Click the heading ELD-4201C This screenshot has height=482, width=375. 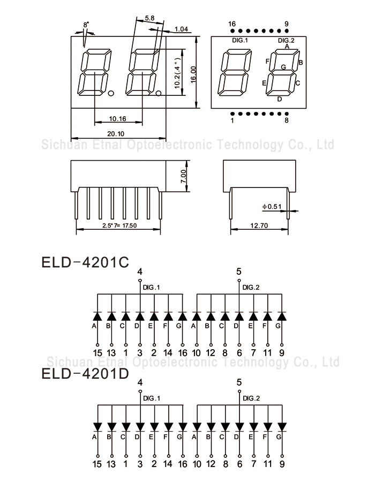pyautogui.click(x=85, y=262)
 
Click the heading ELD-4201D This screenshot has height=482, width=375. pyautogui.click(x=85, y=373)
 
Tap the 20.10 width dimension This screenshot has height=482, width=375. pyautogui.click(x=116, y=134)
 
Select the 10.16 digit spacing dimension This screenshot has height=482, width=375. pyautogui.click(x=117, y=119)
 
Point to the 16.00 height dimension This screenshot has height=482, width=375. pyautogui.click(x=193, y=74)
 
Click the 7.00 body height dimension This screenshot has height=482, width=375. pyautogui.click(x=183, y=176)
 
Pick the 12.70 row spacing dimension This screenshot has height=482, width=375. pyautogui.click(x=259, y=225)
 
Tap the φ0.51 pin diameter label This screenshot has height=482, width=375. pyautogui.click(x=272, y=207)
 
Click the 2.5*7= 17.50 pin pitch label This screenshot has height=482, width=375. pyautogui.click(x=119, y=225)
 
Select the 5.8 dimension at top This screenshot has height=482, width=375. pyautogui.click(x=149, y=18)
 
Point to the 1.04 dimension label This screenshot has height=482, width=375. pyautogui.click(x=182, y=29)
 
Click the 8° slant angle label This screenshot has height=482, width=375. pyautogui.click(x=86, y=24)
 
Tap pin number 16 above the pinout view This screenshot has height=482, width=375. pyautogui.click(x=232, y=24)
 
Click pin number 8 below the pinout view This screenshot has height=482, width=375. pyautogui.click(x=287, y=120)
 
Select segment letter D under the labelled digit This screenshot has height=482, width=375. pyautogui.click(x=280, y=99)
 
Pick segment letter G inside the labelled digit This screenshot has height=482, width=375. pyautogui.click(x=283, y=67)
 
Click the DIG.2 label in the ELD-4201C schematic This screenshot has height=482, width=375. pyautogui.click(x=251, y=288)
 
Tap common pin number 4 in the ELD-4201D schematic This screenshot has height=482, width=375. pyautogui.click(x=140, y=382)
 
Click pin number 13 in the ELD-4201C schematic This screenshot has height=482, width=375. pyautogui.click(x=111, y=352)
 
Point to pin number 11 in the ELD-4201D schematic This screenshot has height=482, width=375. pyautogui.click(x=268, y=464)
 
